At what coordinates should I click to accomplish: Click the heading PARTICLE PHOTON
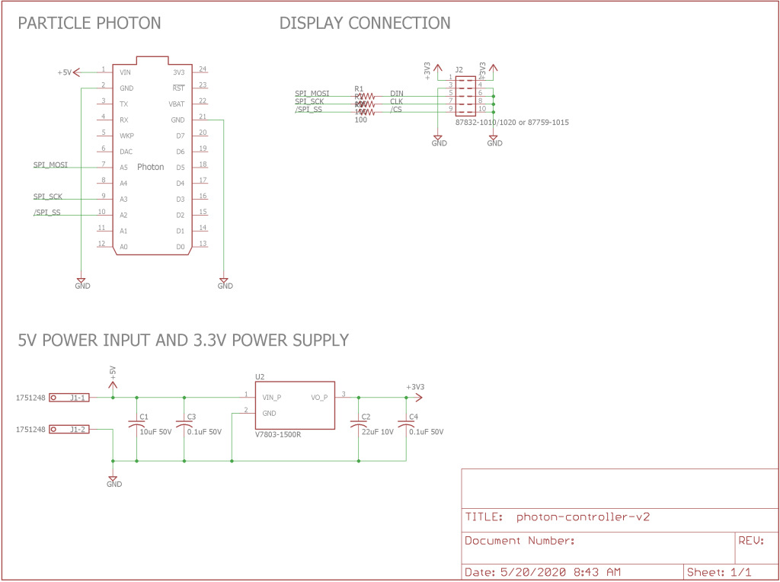coord(89,23)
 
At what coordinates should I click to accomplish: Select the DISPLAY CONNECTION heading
coord(365,23)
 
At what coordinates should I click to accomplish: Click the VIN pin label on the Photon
coord(126,72)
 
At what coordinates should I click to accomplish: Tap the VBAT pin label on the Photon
coord(176,104)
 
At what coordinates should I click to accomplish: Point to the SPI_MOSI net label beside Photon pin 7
coord(50,165)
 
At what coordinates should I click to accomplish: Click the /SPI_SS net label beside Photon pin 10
coord(46,213)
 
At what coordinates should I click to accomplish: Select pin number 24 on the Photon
coord(203,69)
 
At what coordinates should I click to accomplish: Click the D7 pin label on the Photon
coord(180,136)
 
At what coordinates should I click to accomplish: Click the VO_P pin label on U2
coord(319,397)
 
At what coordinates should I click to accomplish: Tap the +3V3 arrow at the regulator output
coord(416,396)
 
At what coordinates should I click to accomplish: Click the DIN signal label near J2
coord(397,93)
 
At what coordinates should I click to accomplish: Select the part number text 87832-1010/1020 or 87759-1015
coord(512,122)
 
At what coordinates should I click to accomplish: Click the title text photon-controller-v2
coord(583,516)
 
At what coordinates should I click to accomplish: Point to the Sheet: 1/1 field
coord(719,571)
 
